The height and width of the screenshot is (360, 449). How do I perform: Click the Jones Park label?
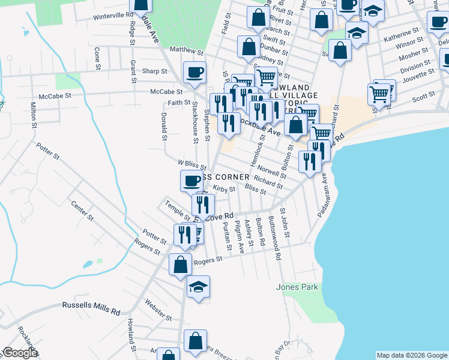297,287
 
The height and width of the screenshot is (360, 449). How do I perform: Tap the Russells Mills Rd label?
91,308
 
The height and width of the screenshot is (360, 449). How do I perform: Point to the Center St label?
82,210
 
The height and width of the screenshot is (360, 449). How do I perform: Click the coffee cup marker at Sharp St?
194,73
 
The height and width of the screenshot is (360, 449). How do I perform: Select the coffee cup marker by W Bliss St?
192,179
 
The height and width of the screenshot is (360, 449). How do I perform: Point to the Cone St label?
96,59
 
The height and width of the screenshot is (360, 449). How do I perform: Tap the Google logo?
20,353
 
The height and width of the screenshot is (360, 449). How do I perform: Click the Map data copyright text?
412,355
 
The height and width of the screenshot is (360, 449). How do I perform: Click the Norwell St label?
274,169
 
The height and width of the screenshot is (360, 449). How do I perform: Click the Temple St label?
178,209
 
